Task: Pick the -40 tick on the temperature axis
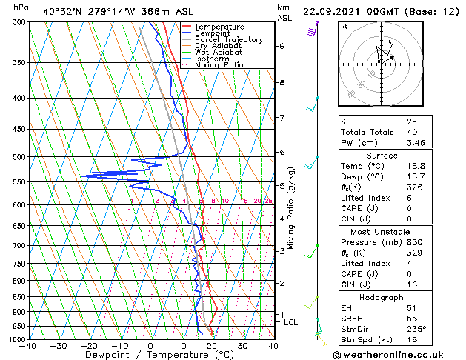tap(28, 346)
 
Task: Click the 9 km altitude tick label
tap(282, 46)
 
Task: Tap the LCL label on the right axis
tap(290, 322)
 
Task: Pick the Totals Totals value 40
tap(412, 131)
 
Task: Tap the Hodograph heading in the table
tap(382, 297)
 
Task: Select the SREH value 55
tap(412, 319)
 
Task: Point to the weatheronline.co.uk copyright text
tap(399, 354)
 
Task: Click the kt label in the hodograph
tap(344, 26)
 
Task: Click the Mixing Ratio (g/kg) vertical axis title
tap(292, 207)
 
